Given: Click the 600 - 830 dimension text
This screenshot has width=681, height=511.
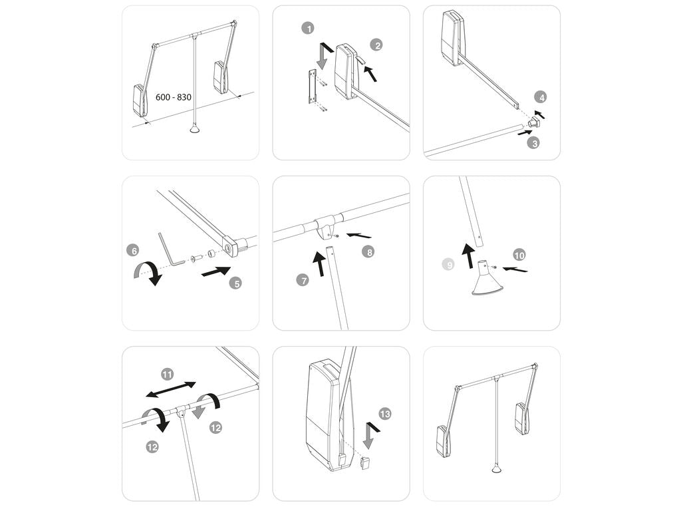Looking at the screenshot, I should click(x=174, y=97).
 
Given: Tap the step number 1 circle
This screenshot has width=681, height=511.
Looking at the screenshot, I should click(x=307, y=29).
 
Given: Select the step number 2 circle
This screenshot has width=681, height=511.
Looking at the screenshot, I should click(x=377, y=45).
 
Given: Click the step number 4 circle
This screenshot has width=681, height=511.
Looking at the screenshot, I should click(x=542, y=97).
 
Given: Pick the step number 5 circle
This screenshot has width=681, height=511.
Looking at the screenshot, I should click(x=235, y=283).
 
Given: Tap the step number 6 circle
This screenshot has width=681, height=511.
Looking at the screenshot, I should click(x=134, y=251).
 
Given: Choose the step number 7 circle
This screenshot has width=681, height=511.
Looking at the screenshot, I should click(x=303, y=280).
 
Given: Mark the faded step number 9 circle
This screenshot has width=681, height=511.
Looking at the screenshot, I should click(x=450, y=265).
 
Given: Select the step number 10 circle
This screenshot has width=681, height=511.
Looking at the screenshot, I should click(x=519, y=254).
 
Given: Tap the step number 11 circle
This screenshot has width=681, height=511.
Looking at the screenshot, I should click(x=168, y=373).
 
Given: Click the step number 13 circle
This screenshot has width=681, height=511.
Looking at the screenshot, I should click(x=385, y=414).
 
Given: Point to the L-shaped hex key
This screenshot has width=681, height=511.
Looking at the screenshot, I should click(x=170, y=249).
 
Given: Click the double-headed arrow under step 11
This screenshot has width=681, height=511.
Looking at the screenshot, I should click(x=172, y=390).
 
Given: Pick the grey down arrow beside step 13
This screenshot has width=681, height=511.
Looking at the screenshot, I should click(x=368, y=435).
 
